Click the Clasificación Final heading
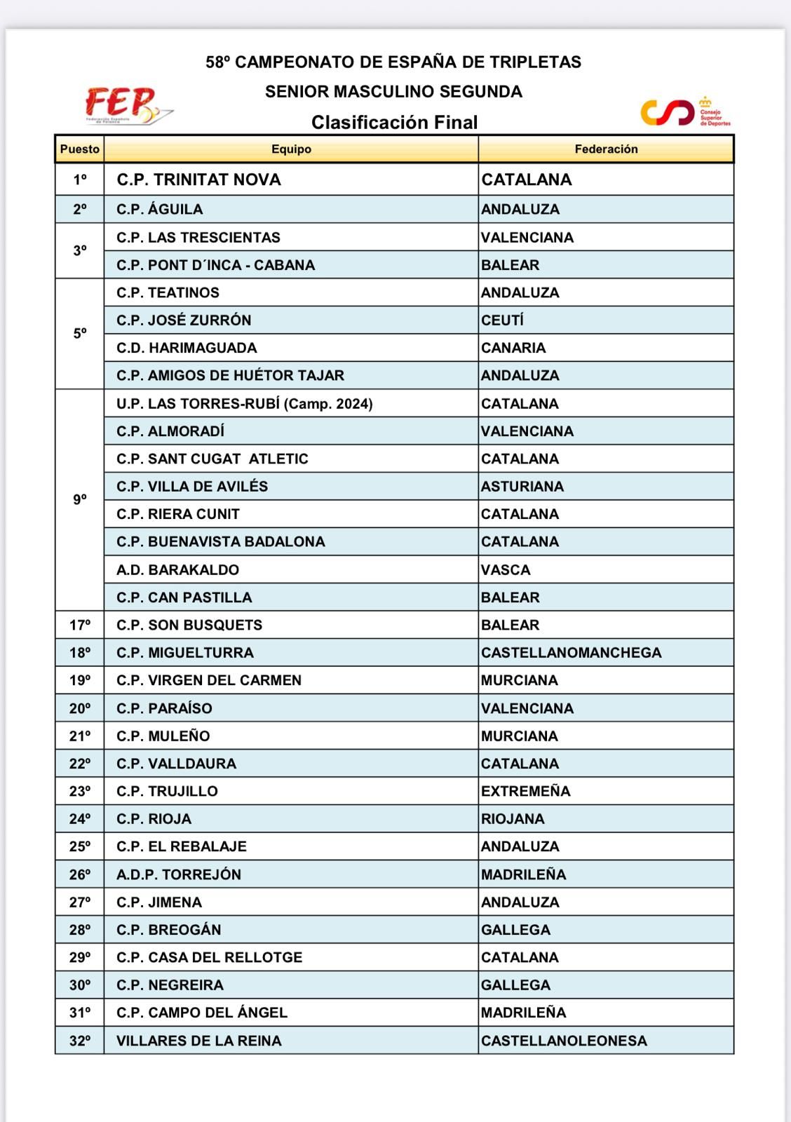pos(394,123)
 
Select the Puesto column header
pos(80,149)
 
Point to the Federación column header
pos(606,149)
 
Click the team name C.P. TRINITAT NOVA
pos(198,180)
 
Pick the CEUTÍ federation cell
pos(502,320)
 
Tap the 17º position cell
pos(80,625)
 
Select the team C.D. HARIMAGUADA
pos(187,348)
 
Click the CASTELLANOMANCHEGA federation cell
pos(571,653)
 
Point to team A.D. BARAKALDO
pos(177,570)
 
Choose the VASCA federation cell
pos(506,570)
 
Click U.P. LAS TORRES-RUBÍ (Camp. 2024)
pos(244,404)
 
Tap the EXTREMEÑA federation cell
pos(525,791)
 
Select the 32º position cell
pos(80,1041)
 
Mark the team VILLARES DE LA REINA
pos(198,1041)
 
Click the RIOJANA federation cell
pos(513,819)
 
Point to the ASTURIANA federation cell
pos(522,487)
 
